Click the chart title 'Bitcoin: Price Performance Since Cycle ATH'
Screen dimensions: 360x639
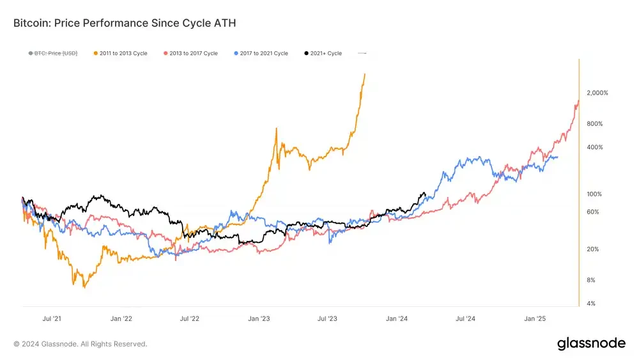point(125,23)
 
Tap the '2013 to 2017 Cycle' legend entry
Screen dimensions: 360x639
point(190,53)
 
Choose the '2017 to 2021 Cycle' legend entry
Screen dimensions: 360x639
point(261,53)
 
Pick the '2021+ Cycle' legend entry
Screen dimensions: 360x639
point(323,53)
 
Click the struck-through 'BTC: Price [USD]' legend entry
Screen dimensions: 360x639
point(53,53)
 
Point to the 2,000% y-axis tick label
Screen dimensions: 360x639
point(597,93)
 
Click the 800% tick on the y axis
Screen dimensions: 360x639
point(595,123)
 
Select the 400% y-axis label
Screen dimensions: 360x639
point(595,147)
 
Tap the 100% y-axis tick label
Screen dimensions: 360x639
point(594,194)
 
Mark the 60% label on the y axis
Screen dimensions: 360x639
point(593,212)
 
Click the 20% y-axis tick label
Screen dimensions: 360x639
point(593,249)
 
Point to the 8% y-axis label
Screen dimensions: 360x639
point(591,280)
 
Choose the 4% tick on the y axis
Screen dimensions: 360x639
point(591,304)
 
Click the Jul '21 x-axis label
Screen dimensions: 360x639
point(52,318)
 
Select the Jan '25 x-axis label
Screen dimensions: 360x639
point(535,318)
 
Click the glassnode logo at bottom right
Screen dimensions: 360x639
point(591,343)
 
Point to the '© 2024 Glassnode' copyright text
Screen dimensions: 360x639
point(81,344)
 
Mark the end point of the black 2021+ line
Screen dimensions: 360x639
point(425,194)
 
